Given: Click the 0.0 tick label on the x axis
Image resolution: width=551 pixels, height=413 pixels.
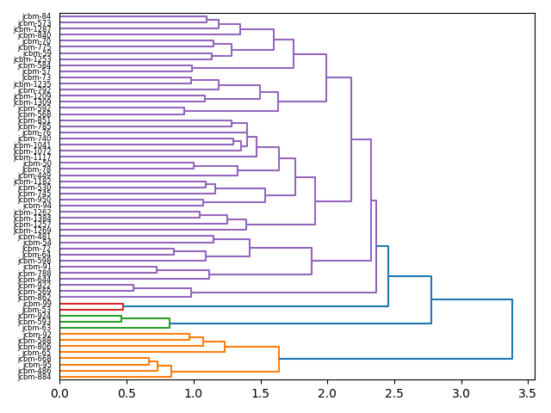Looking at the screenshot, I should click(x=59, y=392).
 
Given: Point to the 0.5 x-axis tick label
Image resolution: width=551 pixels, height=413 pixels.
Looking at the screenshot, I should click(x=127, y=392).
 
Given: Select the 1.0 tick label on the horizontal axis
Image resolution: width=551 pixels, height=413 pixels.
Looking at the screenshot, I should click(x=194, y=392).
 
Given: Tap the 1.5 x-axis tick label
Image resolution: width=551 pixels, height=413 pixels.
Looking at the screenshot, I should click(x=261, y=392).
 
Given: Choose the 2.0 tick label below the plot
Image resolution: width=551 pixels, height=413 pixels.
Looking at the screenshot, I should click(x=327, y=392).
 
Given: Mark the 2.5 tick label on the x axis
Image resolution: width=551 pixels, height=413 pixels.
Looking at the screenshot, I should click(x=394, y=392).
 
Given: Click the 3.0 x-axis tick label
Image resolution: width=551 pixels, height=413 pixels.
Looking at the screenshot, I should click(x=461, y=392).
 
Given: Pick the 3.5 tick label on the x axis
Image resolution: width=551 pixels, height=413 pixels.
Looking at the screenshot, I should click(x=528, y=392).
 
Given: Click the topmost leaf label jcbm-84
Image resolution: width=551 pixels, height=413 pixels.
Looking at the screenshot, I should click(x=36, y=17).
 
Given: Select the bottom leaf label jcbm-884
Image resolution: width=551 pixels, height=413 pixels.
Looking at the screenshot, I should click(x=34, y=377).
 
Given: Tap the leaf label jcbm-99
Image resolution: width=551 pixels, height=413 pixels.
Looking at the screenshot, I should click(x=36, y=305).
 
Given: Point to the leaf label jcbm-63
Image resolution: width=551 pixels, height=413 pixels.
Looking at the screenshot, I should click(x=36, y=329).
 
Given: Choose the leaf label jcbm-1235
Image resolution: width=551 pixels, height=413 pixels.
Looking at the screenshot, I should click(x=33, y=84).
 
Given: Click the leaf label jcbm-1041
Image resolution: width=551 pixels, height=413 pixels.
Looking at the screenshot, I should click(x=33, y=145).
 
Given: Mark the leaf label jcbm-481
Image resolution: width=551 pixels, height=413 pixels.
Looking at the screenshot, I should click(x=34, y=237).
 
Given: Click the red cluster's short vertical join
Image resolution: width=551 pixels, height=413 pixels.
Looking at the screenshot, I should click(x=123, y=306).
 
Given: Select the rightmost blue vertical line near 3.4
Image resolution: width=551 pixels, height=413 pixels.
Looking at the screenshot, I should click(x=512, y=329).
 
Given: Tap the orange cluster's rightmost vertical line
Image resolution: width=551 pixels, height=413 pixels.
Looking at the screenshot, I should click(x=279, y=359).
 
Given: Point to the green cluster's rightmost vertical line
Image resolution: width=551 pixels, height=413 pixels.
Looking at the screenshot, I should click(x=170, y=323).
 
